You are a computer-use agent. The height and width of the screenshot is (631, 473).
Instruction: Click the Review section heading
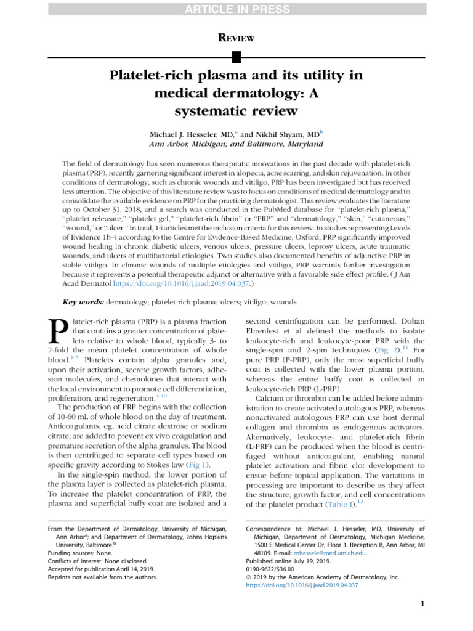point(236,38)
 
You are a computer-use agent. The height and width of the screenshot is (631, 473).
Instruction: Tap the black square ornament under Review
point(236,57)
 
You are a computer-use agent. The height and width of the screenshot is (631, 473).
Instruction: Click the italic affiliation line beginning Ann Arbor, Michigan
point(236,144)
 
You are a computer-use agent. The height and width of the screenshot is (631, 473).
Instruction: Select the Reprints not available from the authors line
point(102,577)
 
